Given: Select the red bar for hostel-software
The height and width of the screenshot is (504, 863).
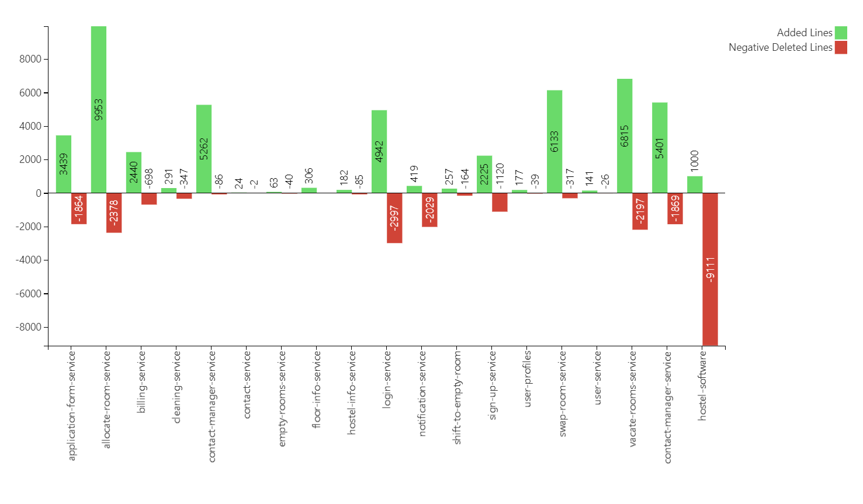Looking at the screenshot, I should point(710,269).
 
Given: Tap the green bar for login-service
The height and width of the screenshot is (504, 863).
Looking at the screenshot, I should point(379,151).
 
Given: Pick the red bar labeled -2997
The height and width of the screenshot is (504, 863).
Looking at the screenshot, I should point(394,218).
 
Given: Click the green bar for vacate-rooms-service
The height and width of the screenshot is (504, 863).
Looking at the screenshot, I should point(625,135).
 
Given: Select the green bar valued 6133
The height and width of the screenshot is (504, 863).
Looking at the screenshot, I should point(554,141).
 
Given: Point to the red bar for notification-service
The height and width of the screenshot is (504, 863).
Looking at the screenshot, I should point(429,210).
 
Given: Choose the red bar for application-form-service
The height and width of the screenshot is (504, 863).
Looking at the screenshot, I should point(79,208).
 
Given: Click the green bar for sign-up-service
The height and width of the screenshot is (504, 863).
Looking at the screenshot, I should point(484,174).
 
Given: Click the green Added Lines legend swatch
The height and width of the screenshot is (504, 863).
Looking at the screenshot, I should point(841,33).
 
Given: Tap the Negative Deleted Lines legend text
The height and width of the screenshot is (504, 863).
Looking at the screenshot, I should point(780,47).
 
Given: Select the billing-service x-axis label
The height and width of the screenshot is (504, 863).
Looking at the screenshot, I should point(141,382).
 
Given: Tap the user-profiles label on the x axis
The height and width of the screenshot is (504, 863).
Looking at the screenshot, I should point(528,378).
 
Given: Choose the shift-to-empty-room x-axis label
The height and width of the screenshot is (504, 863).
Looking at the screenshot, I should point(458,397).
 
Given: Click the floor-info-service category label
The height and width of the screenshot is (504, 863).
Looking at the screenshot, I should point(317,389).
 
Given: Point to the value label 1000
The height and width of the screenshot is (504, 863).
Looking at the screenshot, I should point(695,161).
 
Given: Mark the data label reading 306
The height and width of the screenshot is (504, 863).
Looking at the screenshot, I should point(309,175).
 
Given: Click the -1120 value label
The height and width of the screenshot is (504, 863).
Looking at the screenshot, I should point(500,175).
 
